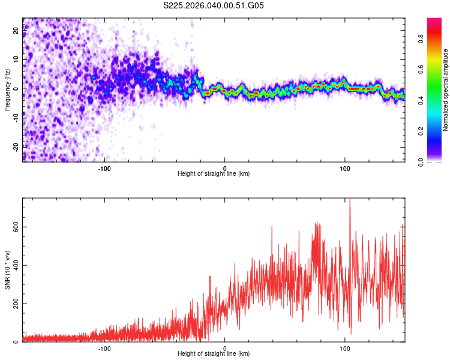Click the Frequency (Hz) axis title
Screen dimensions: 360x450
7,89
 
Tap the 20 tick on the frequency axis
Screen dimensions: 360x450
16,31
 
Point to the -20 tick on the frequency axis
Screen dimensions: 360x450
16,146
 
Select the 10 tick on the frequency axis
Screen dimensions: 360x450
16,59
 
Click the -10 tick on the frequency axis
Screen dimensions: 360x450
16,118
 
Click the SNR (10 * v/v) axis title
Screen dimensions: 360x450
7,270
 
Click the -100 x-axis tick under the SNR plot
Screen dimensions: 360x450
105,347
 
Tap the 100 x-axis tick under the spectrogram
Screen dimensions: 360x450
345,167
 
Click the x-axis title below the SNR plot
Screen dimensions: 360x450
214,354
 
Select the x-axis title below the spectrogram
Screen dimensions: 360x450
214,174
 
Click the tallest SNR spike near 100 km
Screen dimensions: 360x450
350,202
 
